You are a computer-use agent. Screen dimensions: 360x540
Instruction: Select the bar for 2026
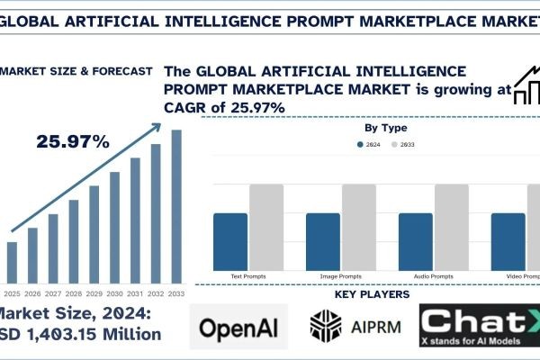click(32, 254)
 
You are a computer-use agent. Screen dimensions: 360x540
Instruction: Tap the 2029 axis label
click(94, 292)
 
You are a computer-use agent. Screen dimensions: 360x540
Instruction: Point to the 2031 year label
click(135, 292)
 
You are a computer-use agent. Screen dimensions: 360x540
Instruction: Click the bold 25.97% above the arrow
click(73, 142)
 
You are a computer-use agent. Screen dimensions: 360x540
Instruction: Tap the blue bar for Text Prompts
click(230, 240)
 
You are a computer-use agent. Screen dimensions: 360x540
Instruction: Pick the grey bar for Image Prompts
click(358, 226)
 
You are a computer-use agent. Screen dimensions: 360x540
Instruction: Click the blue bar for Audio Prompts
click(415, 240)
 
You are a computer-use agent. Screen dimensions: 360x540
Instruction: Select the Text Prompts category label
click(247, 275)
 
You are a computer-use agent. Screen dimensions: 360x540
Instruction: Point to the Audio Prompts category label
click(433, 275)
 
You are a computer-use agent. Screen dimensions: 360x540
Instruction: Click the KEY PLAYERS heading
click(372, 294)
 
